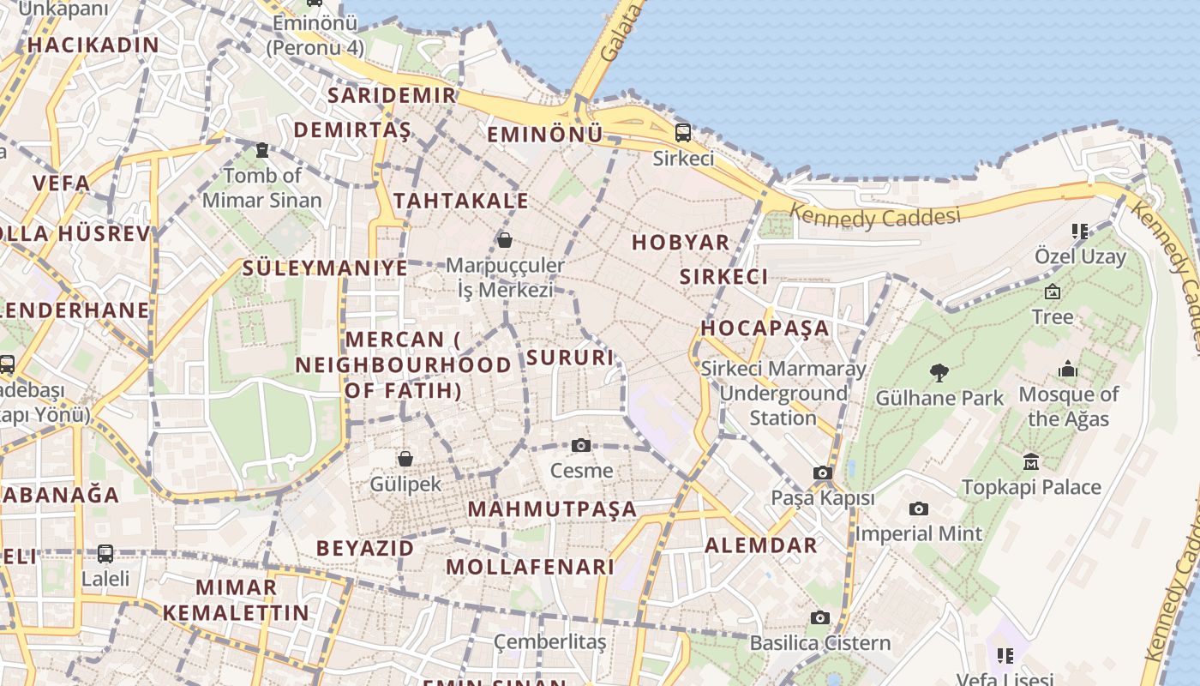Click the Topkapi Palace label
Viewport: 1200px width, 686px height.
click(1031, 487)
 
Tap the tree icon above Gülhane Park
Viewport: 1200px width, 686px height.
click(939, 372)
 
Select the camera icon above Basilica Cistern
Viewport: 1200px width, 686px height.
click(820, 617)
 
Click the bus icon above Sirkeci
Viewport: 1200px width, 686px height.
click(682, 133)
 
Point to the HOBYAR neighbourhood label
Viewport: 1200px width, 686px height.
click(681, 243)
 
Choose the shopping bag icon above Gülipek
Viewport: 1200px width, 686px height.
click(405, 459)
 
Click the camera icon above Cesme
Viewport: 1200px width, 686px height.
click(581, 445)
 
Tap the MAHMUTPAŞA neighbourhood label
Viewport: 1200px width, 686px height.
click(552, 509)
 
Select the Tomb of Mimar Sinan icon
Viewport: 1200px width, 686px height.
click(262, 150)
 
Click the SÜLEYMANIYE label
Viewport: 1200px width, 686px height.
click(325, 268)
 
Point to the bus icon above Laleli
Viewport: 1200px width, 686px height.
click(105, 554)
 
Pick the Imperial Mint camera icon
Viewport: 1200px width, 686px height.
click(919, 508)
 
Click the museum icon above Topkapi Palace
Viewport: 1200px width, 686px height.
click(1031, 461)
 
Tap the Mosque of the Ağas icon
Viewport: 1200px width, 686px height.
click(1068, 369)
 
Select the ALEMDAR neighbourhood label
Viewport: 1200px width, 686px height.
click(761, 545)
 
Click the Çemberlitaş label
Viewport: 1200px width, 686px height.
click(550, 641)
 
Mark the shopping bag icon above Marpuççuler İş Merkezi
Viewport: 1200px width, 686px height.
click(505, 239)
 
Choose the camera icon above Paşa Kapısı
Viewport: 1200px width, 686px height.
click(823, 472)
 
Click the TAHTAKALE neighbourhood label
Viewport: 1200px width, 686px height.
click(461, 201)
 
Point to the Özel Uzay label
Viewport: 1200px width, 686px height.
click(1080, 256)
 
